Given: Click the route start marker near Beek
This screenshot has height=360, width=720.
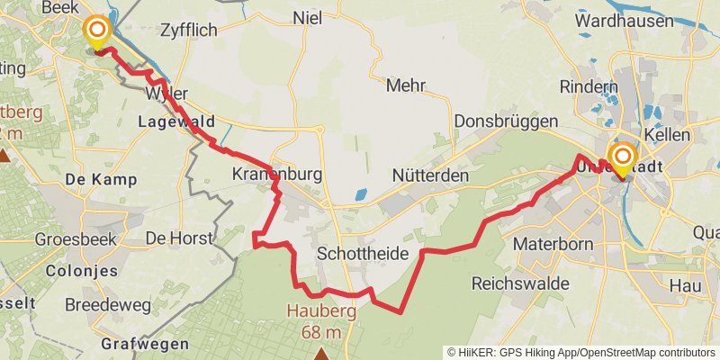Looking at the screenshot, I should coord(95,32).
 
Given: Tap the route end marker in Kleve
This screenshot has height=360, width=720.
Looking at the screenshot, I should coord(621,157).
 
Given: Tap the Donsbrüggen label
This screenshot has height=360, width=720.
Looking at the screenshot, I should coord(501,121).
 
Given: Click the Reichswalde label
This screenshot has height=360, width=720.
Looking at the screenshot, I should coord(520,283).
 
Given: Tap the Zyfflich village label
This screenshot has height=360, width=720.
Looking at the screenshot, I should coord(188,30).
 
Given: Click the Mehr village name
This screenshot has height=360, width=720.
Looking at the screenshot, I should coord(405,86).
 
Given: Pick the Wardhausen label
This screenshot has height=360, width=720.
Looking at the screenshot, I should coord(625,19).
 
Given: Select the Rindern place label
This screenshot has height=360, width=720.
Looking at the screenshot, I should coord(589,86).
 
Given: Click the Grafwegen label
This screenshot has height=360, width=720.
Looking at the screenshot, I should coord(145,344).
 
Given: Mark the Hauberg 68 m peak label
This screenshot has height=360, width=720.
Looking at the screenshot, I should coord(321,321).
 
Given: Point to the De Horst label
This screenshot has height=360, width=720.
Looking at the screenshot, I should coord(179,238).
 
